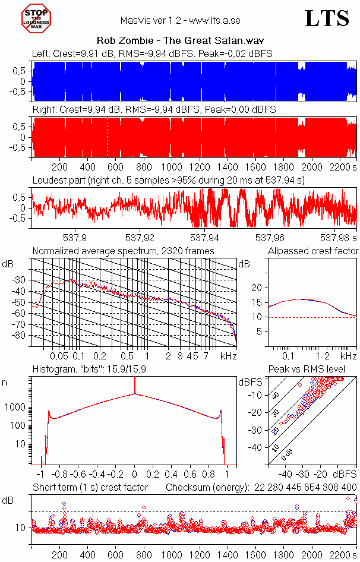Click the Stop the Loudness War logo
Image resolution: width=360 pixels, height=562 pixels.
pos(37,18)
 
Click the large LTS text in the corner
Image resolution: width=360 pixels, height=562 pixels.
pos(326,19)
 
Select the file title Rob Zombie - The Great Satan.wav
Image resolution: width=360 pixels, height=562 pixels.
pos(180,41)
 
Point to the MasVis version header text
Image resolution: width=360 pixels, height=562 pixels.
pos(180,20)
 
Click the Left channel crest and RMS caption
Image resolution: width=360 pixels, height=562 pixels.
pos(152,53)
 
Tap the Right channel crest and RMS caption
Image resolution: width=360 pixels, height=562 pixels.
pos(154,110)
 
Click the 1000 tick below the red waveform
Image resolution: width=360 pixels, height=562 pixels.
pos(172,167)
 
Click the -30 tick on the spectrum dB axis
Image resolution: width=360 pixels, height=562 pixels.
pos(22,280)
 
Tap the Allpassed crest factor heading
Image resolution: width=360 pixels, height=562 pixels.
pos(313,251)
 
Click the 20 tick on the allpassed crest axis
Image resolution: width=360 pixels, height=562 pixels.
pos(257,288)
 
